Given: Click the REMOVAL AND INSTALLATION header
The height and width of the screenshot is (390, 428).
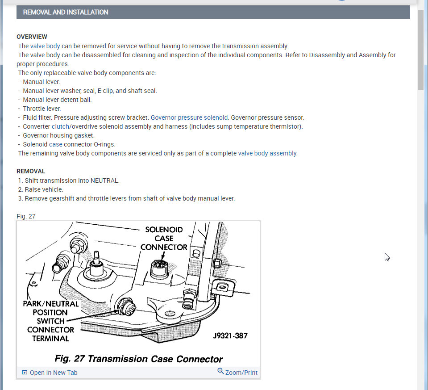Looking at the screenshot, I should click(x=66, y=12).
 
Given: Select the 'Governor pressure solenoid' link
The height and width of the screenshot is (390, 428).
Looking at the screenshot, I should click(x=189, y=117).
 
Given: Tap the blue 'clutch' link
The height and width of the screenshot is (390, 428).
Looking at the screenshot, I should click(x=60, y=126).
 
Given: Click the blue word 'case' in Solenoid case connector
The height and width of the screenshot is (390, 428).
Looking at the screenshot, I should click(x=56, y=144).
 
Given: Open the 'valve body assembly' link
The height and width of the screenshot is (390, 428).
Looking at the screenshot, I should click(x=267, y=153).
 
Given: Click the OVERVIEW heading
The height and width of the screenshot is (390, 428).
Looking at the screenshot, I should click(x=32, y=37).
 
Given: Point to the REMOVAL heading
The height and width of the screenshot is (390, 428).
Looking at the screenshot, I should click(x=31, y=171).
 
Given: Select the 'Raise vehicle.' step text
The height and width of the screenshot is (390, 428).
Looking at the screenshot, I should click(x=44, y=189).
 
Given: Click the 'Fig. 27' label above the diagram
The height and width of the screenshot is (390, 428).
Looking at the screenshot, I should click(x=26, y=216).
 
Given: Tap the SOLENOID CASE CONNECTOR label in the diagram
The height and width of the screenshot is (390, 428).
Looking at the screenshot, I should click(x=164, y=238).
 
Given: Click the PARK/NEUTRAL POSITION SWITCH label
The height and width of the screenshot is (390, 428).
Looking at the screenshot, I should click(x=50, y=321).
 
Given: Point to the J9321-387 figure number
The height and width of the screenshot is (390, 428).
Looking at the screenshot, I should click(x=230, y=335).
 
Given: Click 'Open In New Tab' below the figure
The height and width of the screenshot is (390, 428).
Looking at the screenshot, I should click(x=53, y=373).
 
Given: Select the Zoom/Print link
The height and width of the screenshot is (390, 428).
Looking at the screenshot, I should click(x=241, y=373).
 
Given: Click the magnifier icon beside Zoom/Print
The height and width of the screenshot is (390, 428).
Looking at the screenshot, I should click(x=220, y=371).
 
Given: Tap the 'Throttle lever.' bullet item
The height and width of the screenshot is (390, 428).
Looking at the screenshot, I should click(x=42, y=109).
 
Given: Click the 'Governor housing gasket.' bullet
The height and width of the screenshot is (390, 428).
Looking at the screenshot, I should click(x=58, y=135).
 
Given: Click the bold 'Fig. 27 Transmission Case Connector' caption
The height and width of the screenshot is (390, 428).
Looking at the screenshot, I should click(x=138, y=359).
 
